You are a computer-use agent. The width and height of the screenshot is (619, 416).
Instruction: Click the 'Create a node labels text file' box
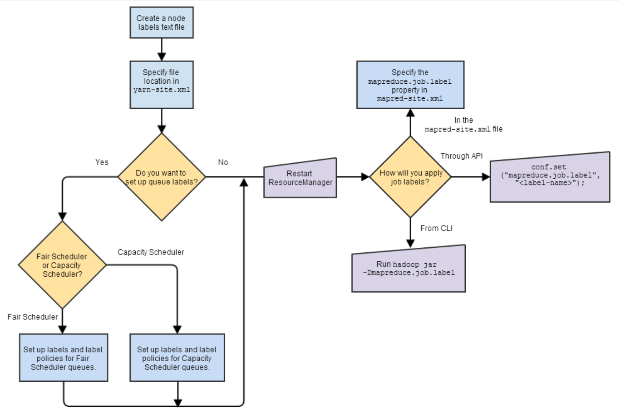pos(161,23)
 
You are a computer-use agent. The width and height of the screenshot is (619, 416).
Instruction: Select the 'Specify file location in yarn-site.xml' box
pos(161,85)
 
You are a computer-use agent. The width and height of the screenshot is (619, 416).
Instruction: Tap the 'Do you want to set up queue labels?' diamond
pos(161,177)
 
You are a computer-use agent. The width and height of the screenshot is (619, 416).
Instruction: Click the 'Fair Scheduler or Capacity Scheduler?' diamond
pos(62,265)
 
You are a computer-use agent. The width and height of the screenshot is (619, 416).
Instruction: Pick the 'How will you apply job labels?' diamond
pos(410,177)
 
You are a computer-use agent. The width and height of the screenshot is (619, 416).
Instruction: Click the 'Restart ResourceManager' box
pos(300,178)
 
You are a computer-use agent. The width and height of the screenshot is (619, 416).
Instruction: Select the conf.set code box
pos(549,177)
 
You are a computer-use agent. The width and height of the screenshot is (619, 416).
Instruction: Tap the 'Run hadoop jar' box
pos(408,269)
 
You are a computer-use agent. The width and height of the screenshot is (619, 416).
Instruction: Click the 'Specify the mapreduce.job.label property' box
pos(410,85)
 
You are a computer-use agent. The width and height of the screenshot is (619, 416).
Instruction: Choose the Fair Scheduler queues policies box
pos(63,358)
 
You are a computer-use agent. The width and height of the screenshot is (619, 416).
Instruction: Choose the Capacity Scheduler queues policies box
pos(177,358)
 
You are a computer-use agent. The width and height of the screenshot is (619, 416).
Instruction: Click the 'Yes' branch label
pos(102,162)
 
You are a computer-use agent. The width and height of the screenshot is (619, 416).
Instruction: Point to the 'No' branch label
pos(223,162)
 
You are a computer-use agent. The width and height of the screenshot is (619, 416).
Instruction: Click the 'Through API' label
pos(461,156)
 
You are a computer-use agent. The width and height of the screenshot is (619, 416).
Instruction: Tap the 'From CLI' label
pos(436,228)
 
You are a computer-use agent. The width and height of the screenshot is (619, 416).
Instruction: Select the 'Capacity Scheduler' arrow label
pos(151,252)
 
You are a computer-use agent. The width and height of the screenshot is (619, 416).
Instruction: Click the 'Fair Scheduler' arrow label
pos(33,317)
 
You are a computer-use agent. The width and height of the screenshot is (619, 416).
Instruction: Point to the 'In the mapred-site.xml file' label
pos(464,125)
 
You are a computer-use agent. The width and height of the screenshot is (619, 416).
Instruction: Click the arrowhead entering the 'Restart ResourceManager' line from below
pos(244,182)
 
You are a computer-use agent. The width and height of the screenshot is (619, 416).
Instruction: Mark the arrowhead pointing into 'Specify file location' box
pos(161,56)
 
